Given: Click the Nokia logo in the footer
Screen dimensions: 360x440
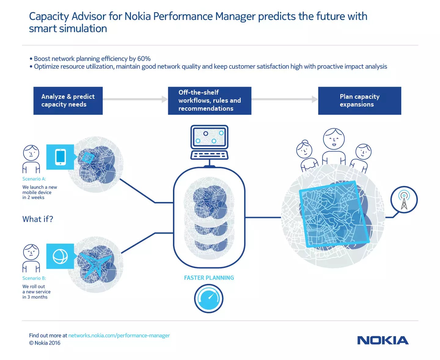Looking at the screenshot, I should [x=383, y=340].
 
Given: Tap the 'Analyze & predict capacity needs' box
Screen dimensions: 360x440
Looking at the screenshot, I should [x=68, y=101].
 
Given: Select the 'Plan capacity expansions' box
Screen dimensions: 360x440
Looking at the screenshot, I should [x=359, y=101].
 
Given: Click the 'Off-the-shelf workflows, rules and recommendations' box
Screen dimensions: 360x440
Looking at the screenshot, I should [x=209, y=101].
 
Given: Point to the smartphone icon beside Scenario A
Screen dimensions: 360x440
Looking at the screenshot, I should [x=60, y=157].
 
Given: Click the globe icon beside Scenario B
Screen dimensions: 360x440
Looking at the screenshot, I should [x=60, y=256].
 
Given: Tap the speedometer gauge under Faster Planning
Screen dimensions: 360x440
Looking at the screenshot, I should [x=209, y=298].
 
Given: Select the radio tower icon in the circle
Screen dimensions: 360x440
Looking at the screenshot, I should [x=404, y=200].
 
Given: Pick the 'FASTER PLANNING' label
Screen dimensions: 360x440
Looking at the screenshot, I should [x=209, y=278].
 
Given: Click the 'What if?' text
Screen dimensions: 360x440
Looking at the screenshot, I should [x=38, y=219].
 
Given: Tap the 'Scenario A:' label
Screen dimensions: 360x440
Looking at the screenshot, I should [x=34, y=179].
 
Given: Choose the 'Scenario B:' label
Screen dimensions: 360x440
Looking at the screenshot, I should [x=34, y=278].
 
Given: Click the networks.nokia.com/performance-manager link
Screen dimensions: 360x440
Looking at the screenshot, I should [x=119, y=335].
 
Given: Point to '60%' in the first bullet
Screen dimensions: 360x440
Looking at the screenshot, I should [x=144, y=59].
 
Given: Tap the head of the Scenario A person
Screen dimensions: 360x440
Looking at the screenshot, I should [x=31, y=153].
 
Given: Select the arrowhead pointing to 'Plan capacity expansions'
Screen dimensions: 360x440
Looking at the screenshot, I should [x=315, y=99].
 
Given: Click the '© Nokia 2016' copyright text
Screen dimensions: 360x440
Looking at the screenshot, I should [x=45, y=343].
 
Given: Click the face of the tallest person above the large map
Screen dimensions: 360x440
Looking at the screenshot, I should [x=334, y=139].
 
